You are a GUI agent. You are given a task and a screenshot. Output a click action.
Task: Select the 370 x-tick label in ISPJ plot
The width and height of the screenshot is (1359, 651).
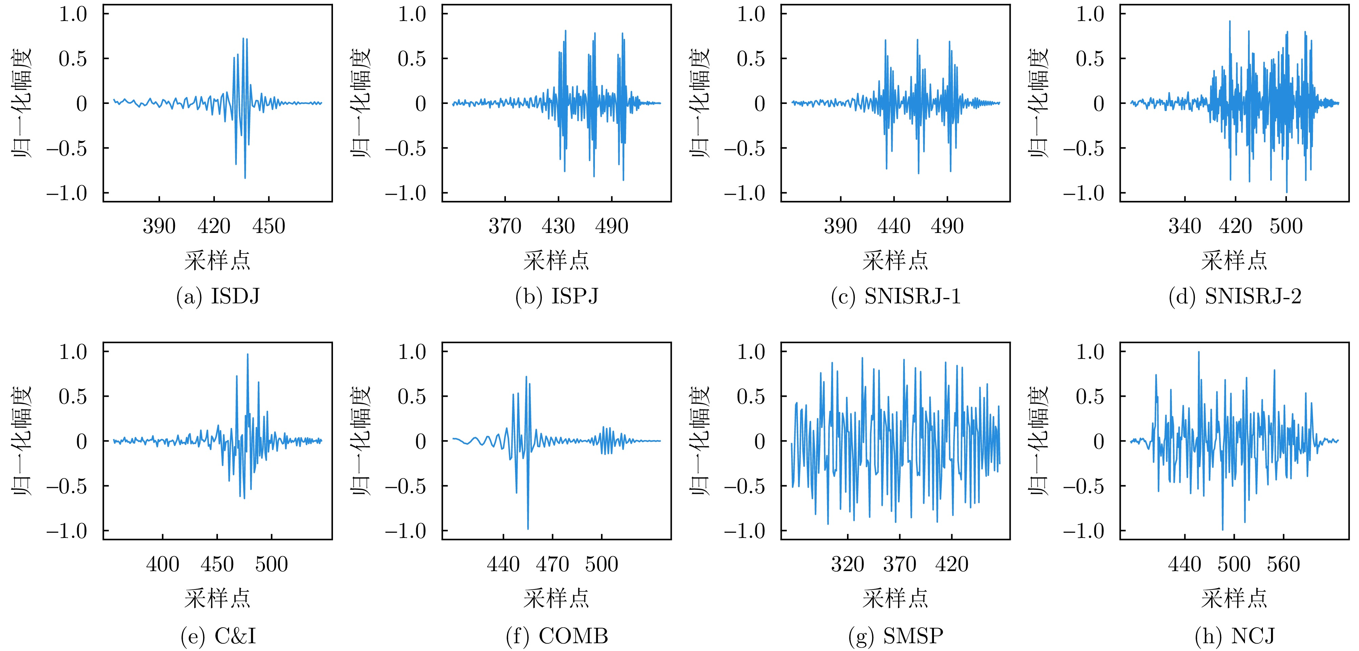505,226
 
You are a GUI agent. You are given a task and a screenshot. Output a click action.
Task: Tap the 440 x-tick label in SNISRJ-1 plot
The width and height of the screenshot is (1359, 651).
894,226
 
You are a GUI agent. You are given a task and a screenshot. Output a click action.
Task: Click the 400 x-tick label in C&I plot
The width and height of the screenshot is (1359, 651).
162,564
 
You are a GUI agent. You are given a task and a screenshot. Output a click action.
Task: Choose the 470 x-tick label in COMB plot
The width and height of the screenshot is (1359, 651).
552,564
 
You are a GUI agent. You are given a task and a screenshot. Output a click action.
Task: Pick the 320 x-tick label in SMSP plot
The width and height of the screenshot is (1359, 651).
847,564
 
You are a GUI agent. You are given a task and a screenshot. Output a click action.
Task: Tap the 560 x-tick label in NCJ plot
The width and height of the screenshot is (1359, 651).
1284,564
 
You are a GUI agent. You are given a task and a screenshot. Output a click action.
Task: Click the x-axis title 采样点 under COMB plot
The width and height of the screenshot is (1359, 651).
557,598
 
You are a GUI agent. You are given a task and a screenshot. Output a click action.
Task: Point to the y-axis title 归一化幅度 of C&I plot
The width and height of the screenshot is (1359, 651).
22,441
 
